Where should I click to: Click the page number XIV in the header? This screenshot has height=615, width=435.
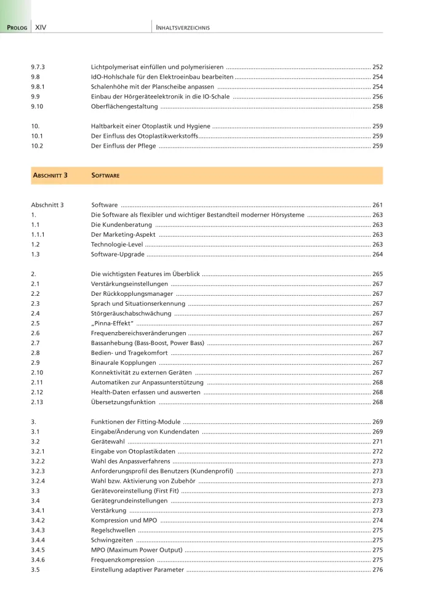pyautogui.click(x=41, y=28)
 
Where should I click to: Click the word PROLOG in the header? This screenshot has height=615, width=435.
pyautogui.click(x=17, y=28)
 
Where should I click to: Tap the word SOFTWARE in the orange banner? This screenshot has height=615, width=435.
pyautogui.click(x=105, y=175)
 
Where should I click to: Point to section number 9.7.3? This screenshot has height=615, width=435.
pyautogui.click(x=39, y=66)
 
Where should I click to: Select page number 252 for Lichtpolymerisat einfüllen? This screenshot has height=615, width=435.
pyautogui.click(x=377, y=66)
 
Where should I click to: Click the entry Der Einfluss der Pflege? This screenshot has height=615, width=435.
pyautogui.click(x=123, y=146)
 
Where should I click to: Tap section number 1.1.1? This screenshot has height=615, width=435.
pyautogui.click(x=38, y=234)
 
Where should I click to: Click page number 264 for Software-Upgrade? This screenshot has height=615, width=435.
pyautogui.click(x=377, y=254)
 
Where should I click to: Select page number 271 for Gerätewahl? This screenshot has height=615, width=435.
pyautogui.click(x=377, y=442)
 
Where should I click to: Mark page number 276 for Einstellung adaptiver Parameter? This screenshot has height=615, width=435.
pyautogui.click(x=377, y=570)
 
